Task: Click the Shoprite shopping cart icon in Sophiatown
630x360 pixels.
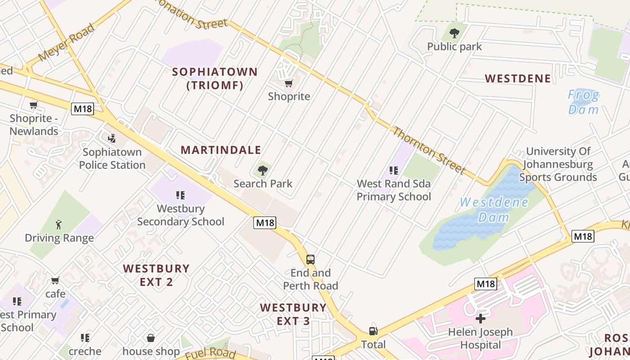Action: click(x=288, y=83)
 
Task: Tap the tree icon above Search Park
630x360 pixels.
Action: click(x=263, y=171)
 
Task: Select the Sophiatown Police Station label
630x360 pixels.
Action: click(x=112, y=159)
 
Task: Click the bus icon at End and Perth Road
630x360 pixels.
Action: click(x=310, y=259)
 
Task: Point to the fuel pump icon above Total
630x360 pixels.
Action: click(x=373, y=331)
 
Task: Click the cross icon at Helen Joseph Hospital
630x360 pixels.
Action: click(x=481, y=319)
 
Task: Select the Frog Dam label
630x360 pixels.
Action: click(x=583, y=102)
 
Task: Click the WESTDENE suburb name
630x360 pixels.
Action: click(x=517, y=79)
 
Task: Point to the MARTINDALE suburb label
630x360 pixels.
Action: click(x=220, y=150)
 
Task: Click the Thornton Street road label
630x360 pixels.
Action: click(x=428, y=150)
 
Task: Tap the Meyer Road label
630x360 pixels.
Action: click(x=67, y=43)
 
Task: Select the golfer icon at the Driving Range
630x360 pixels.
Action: click(x=59, y=225)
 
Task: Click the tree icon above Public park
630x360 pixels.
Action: click(x=454, y=33)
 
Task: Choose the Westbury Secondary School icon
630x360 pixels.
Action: click(x=180, y=195)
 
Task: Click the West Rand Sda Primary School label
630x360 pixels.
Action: click(x=394, y=190)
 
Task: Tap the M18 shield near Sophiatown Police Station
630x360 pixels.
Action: click(x=82, y=108)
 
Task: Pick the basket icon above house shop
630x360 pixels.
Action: click(x=151, y=337)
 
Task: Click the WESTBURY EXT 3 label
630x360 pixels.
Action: click(x=293, y=314)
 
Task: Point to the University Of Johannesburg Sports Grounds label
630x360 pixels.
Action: click(x=558, y=164)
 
